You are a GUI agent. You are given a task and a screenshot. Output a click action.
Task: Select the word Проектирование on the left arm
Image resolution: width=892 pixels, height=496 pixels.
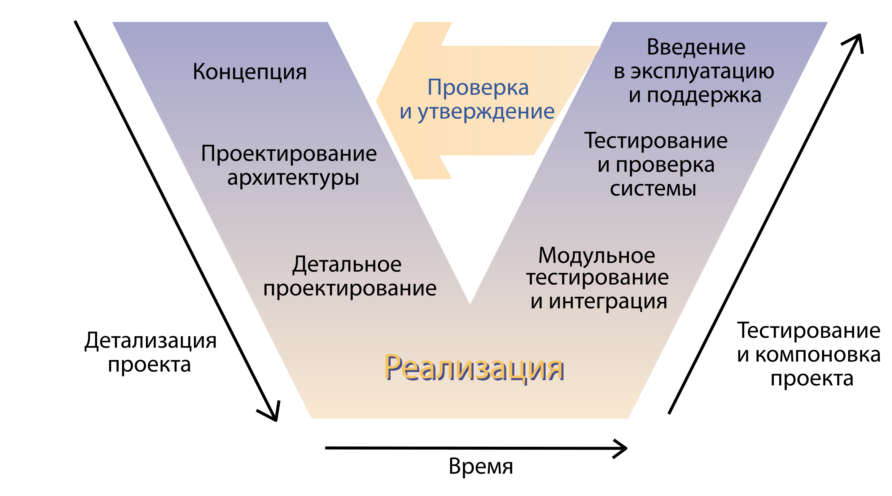tap(289, 154)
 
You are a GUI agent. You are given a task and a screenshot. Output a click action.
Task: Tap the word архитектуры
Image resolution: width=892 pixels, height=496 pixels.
tap(293, 178)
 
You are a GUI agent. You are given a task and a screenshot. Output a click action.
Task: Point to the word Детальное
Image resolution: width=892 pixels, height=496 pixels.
tap(347, 265)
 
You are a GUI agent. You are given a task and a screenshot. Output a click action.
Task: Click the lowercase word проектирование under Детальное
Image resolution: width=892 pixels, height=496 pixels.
tap(350, 288)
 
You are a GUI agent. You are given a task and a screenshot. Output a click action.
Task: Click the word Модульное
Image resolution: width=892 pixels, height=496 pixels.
tap(597, 256)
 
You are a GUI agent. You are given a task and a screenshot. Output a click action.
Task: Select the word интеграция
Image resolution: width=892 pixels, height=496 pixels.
tap(608, 301)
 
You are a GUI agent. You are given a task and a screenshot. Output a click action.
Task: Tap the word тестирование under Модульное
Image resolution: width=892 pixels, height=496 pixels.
tap(597, 278)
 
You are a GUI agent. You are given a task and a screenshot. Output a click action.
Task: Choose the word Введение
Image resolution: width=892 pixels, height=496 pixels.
tap(696, 47)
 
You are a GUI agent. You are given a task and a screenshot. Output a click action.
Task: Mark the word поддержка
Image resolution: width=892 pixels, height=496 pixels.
tap(704, 95)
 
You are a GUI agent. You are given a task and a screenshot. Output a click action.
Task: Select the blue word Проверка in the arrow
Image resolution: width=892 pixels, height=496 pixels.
tap(478, 87)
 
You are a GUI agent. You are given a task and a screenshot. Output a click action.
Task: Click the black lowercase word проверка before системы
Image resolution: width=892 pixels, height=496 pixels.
tap(665, 165)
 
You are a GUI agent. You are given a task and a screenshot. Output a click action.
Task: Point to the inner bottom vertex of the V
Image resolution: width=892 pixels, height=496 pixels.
tap(470, 303)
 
